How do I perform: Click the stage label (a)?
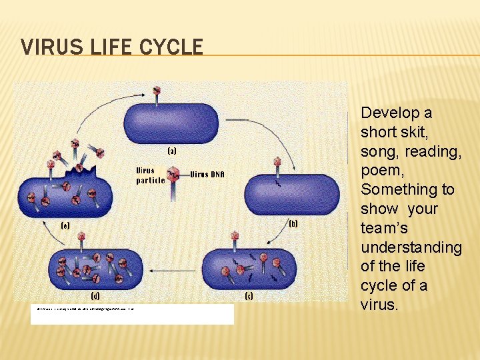(171, 151)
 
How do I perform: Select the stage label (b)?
(292, 223)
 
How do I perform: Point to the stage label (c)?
(248, 295)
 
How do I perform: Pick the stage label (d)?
(96, 295)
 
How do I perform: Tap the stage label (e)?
(65, 225)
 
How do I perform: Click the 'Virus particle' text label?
(150, 175)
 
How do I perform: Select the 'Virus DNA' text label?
(207, 175)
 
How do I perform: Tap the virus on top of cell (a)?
(157, 92)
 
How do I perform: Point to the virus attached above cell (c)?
(235, 238)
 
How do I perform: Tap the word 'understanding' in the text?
(411, 248)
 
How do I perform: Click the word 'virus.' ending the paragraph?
(379, 305)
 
